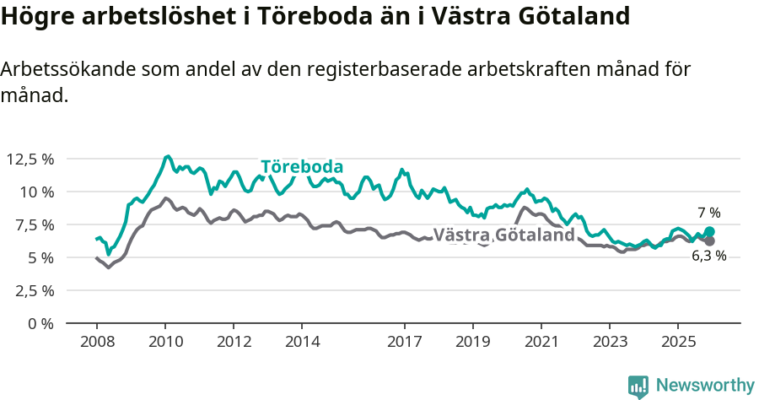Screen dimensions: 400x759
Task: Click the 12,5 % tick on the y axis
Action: click(x=30, y=159)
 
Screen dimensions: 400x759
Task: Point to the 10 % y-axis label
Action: click(x=35, y=192)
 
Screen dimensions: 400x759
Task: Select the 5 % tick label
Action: click(x=40, y=257)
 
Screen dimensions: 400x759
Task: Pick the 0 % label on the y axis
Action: click(x=40, y=323)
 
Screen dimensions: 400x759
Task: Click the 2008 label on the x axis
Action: click(x=97, y=343)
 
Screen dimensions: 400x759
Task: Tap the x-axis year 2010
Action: click(x=165, y=343)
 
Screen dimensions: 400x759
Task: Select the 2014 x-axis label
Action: click(x=302, y=343)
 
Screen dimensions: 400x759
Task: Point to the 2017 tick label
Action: click(x=405, y=343)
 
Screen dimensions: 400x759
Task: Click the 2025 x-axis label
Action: click(x=678, y=343)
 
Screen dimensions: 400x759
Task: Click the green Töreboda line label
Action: click(x=302, y=167)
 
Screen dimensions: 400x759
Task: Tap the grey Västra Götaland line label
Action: click(x=503, y=235)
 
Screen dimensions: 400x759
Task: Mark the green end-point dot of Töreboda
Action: click(x=709, y=231)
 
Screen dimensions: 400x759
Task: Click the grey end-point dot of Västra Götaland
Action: click(x=709, y=241)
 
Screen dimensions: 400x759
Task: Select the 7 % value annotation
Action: click(x=708, y=213)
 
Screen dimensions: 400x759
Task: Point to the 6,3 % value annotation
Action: click(x=708, y=257)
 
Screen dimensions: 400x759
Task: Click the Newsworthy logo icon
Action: click(x=638, y=386)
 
